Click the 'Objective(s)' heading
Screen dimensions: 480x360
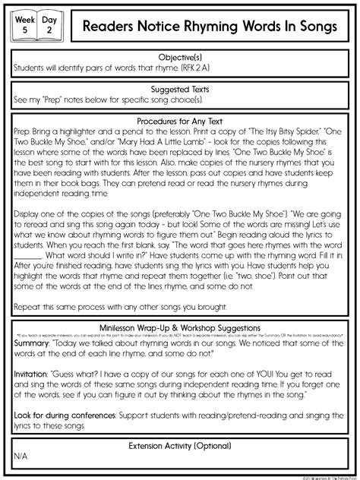pos(180,56)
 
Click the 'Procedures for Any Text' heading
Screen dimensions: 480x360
pos(180,120)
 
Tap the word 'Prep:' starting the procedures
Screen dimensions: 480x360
pos(24,131)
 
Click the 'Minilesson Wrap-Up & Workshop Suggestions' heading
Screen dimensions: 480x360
pos(180,327)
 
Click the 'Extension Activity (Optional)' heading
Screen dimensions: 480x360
pos(180,445)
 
